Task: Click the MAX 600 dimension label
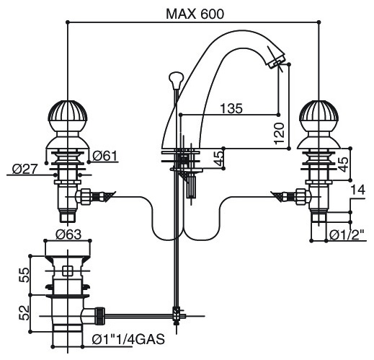(195, 14)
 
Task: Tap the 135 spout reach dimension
(231, 108)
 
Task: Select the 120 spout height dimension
(279, 133)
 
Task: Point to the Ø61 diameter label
(105, 156)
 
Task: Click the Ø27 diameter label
(25, 169)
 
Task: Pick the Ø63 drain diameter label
(68, 234)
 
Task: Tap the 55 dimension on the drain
(24, 275)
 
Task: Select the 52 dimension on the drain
(24, 312)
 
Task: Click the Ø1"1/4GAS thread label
(128, 339)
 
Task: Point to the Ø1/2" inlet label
(347, 234)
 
